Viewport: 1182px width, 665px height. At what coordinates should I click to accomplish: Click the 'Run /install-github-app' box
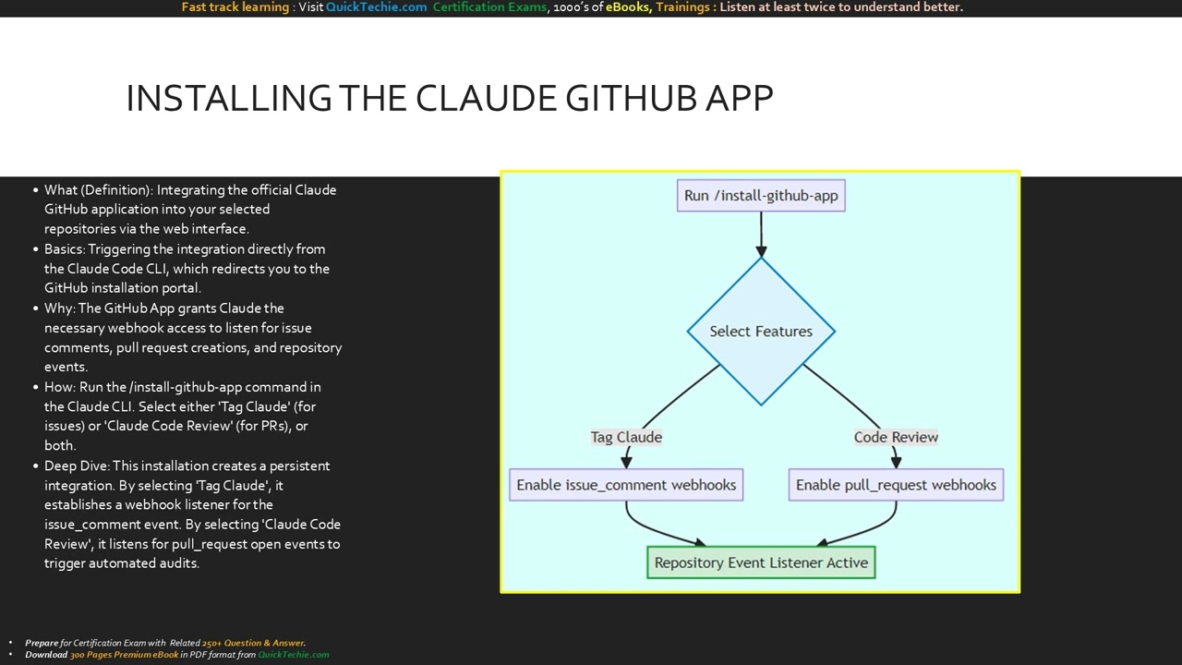pyautogui.click(x=761, y=196)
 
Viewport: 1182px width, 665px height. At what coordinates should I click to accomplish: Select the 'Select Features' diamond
pyautogui.click(x=761, y=331)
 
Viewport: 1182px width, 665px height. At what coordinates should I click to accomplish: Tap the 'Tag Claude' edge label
pyautogui.click(x=626, y=437)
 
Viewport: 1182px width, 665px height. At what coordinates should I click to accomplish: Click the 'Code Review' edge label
pyautogui.click(x=896, y=437)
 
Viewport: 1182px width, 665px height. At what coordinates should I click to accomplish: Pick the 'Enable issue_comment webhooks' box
pyautogui.click(x=626, y=485)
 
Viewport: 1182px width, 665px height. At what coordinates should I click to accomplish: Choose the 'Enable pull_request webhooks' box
pyautogui.click(x=896, y=485)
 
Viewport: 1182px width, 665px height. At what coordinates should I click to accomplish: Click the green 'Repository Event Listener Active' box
pyautogui.click(x=761, y=562)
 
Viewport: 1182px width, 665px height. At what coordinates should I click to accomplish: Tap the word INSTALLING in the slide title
pyautogui.click(x=229, y=98)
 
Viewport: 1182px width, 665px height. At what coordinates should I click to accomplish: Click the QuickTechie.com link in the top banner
pyautogui.click(x=376, y=7)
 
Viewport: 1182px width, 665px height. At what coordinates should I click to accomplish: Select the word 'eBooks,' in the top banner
pyautogui.click(x=628, y=7)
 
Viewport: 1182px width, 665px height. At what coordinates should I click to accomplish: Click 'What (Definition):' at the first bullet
pyautogui.click(x=99, y=190)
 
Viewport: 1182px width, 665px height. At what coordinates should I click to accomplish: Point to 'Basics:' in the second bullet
pyautogui.click(x=65, y=249)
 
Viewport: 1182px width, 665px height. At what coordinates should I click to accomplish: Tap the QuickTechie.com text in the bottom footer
pyautogui.click(x=293, y=655)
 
